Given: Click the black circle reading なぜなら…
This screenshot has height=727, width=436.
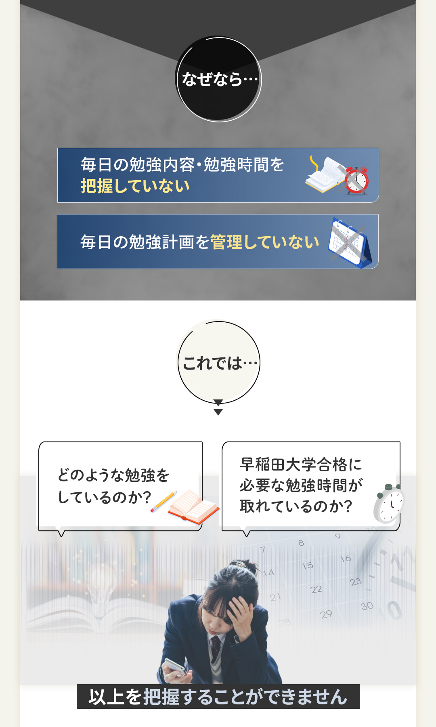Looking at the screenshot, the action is (218, 79).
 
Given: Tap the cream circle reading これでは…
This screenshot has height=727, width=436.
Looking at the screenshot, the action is (218, 362).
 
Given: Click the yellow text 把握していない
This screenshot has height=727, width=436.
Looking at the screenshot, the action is (135, 186).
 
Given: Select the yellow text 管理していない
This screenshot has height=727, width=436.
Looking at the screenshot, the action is (265, 242).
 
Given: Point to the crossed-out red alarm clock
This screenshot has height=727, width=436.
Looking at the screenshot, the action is (356, 180).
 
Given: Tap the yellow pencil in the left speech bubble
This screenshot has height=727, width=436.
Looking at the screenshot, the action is (164, 502).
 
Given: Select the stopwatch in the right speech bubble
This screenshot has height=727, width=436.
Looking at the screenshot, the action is (388, 504).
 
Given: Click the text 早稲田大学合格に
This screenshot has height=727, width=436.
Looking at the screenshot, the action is (301, 464).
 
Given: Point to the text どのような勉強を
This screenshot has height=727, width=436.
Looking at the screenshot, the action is (113, 475).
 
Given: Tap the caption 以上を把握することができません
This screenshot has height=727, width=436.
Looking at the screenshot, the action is (218, 697).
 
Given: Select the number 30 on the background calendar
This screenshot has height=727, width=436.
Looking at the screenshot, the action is (367, 606).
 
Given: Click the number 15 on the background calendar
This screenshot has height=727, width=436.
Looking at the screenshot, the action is (307, 565).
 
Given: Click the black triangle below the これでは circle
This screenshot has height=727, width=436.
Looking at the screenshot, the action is (218, 412).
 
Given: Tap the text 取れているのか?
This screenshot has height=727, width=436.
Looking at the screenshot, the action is (296, 506).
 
